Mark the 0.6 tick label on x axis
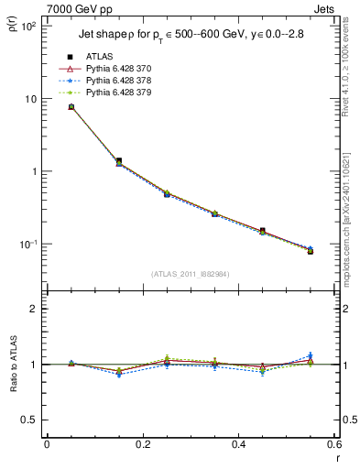point(332,446)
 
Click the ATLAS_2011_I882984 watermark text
point(190,274)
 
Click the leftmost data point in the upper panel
point(71,107)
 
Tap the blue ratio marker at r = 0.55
point(311,355)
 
